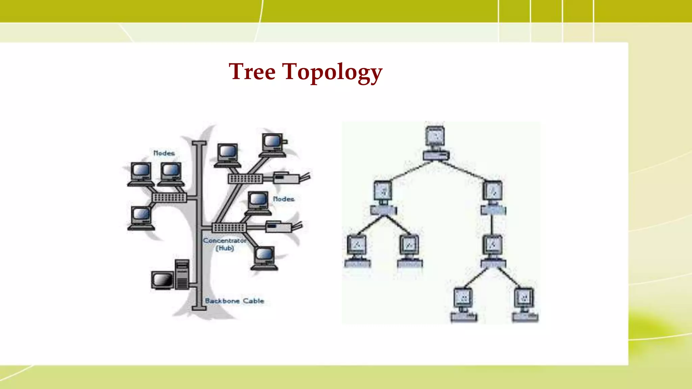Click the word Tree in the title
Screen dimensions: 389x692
tap(252, 72)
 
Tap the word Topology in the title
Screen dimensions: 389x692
tap(332, 72)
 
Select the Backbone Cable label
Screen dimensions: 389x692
tap(234, 301)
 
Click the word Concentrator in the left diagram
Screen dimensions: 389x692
tap(224, 240)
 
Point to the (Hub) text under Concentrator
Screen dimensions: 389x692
tap(225, 249)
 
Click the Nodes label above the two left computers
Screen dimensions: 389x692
tap(164, 153)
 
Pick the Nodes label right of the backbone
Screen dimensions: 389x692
tap(283, 199)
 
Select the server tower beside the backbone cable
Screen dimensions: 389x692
tap(182, 274)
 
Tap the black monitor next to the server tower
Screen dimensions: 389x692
tap(162, 280)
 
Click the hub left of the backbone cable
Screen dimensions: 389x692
tap(169, 197)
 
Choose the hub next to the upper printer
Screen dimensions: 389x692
tap(245, 179)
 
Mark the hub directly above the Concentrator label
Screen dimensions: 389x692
tap(229, 227)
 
